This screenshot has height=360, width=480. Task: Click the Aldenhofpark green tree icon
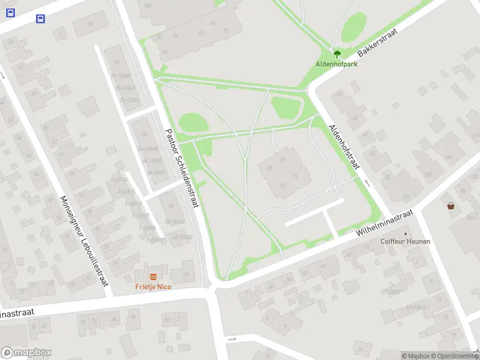337,54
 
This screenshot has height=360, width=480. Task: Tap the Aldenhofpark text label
337,64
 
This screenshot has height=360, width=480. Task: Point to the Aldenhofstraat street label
344,148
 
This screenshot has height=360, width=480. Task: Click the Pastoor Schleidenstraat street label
181,169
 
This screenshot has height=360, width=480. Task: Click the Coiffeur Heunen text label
405,242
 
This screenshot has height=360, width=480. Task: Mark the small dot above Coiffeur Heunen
405,234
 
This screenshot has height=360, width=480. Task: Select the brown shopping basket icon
451,206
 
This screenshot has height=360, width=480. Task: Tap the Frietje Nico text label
153,287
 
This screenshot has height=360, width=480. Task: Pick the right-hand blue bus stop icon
40,19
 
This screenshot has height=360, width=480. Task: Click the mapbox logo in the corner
26,352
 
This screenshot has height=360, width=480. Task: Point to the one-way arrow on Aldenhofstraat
367,182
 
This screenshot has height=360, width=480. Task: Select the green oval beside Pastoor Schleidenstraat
193,124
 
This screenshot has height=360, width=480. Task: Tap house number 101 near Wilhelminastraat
406,197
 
